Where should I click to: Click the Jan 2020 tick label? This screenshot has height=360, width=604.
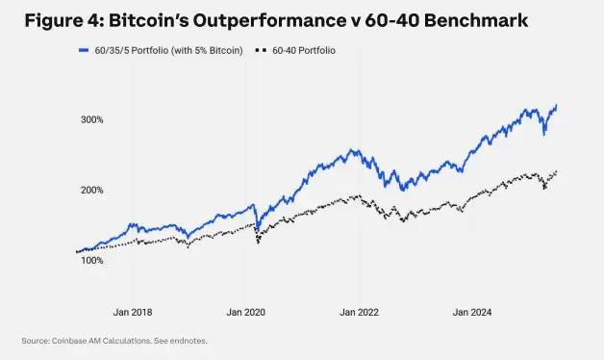click(245, 312)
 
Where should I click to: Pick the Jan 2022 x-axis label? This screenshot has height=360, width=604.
click(359, 312)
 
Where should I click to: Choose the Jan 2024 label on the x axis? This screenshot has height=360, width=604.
click(472, 312)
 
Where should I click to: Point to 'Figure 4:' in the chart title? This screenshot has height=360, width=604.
click(63, 19)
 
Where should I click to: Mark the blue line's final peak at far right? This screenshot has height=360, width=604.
click(557, 105)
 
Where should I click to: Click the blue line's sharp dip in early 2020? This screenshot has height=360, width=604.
click(257, 230)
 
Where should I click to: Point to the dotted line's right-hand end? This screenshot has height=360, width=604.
click(557, 171)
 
